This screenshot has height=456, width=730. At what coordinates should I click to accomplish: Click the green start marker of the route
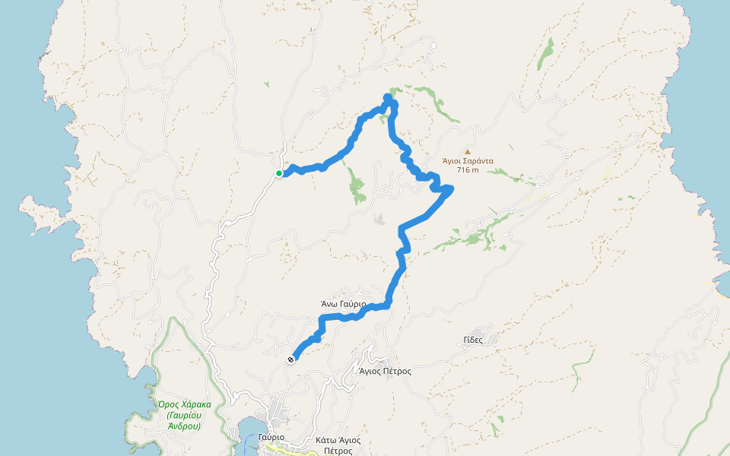[279, 173]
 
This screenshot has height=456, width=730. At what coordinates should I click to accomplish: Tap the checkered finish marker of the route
[291, 359]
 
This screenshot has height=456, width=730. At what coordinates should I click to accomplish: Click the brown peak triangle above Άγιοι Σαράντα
[468, 151]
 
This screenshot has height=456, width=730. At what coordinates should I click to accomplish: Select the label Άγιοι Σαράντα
[468, 161]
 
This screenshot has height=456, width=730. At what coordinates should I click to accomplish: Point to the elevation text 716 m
[468, 169]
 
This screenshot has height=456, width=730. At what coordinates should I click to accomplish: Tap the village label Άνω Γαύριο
[343, 304]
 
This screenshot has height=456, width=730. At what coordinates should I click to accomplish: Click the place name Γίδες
[472, 340]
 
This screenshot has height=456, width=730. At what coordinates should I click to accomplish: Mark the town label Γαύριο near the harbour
[271, 438]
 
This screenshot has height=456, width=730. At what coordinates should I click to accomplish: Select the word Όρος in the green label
[167, 404]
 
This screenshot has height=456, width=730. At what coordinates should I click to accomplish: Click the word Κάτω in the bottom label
[327, 440]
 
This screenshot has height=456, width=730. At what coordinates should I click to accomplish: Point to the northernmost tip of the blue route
[388, 97]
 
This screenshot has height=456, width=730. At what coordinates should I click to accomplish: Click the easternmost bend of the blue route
[450, 190]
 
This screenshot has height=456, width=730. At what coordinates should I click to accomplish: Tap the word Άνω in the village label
[329, 304]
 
